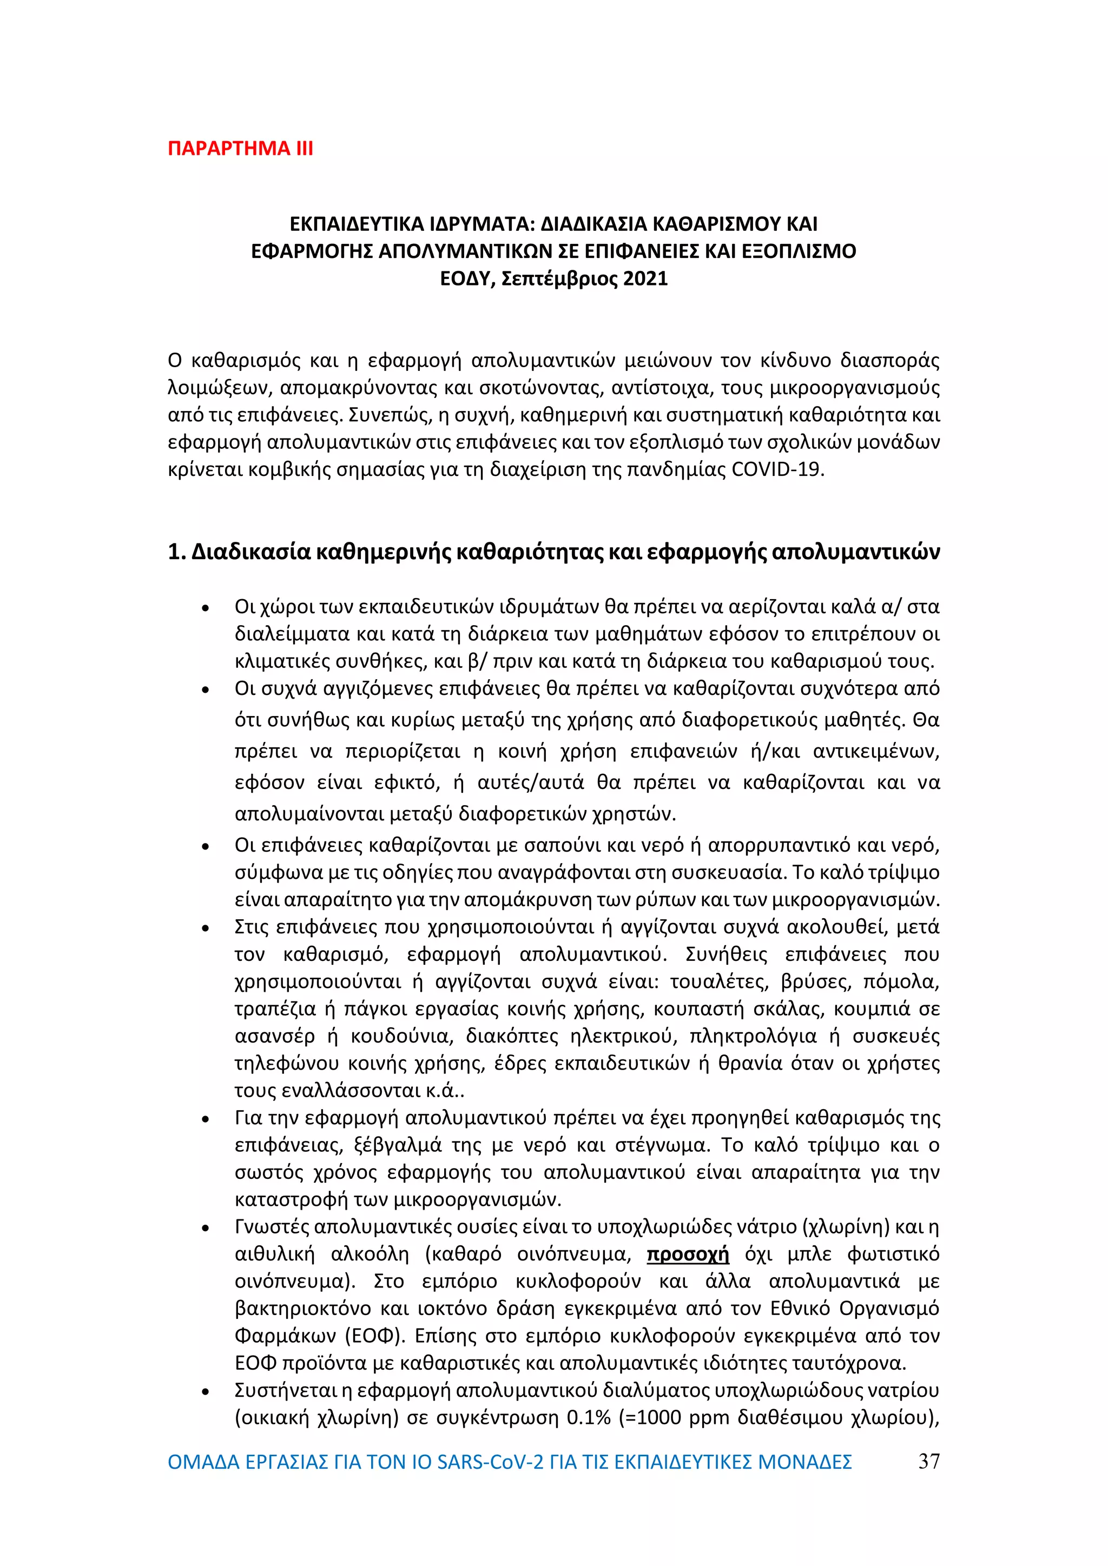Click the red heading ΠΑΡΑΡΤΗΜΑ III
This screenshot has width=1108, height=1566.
click(x=240, y=149)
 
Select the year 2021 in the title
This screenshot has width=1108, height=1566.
click(x=645, y=279)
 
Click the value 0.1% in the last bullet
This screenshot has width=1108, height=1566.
click(x=588, y=1417)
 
